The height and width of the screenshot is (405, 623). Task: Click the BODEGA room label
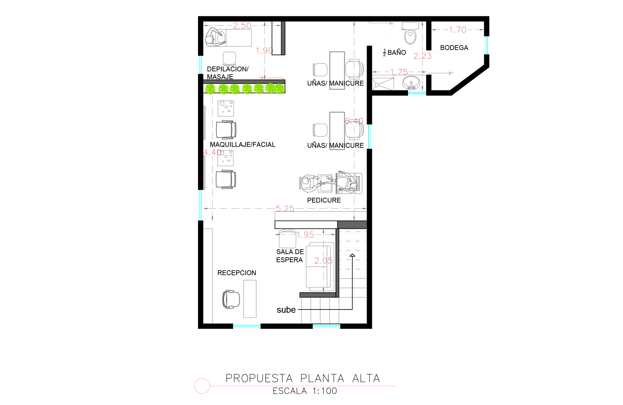[x=454, y=48]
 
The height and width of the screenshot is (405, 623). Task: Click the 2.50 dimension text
[x=242, y=26]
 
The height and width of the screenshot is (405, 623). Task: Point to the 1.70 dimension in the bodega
[x=458, y=30]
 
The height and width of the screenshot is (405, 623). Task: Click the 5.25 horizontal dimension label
[x=285, y=209]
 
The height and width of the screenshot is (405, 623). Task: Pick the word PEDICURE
[x=324, y=200]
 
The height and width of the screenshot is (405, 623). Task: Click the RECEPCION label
[x=237, y=273]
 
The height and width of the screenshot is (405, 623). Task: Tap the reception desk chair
[x=231, y=299]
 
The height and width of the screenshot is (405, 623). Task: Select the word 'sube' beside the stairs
[x=286, y=310]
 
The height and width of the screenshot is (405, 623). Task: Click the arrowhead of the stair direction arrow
[x=352, y=255]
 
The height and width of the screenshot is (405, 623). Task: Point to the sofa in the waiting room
[x=320, y=267]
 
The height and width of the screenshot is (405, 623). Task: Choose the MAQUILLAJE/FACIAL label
[x=242, y=145]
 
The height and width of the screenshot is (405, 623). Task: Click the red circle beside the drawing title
[x=202, y=386]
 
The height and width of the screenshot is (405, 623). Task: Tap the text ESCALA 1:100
[x=305, y=391]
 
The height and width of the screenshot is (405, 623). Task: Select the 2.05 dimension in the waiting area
[x=323, y=261]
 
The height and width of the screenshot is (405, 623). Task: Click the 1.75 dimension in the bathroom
[x=399, y=72]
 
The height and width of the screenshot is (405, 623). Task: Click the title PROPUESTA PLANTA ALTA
[x=303, y=378]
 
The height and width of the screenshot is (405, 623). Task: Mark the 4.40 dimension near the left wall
[x=212, y=152]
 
